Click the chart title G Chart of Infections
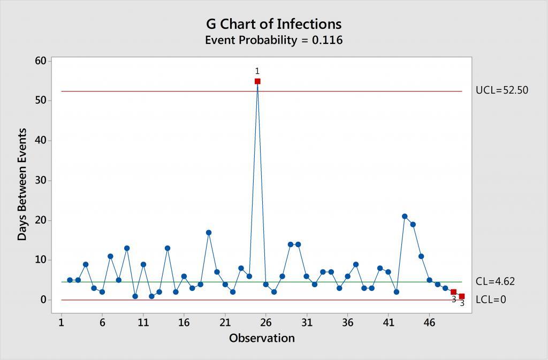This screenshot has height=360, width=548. (x=273, y=24)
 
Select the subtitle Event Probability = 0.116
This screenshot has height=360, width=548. (x=273, y=40)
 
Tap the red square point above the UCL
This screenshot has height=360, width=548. (x=257, y=81)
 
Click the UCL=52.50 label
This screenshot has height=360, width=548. (x=502, y=90)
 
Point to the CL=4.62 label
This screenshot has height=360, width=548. (x=495, y=281)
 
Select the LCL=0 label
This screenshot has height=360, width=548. (x=491, y=300)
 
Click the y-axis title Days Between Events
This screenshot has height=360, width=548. (x=22, y=185)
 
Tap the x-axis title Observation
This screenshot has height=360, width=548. (x=262, y=338)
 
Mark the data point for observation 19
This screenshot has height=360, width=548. (x=209, y=233)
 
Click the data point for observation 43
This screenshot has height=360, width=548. (x=405, y=216)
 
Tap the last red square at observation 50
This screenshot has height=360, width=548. (x=462, y=296)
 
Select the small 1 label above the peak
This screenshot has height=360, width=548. (x=257, y=72)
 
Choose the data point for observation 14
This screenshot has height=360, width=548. (x=168, y=248)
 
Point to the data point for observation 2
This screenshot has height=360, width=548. (x=70, y=280)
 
